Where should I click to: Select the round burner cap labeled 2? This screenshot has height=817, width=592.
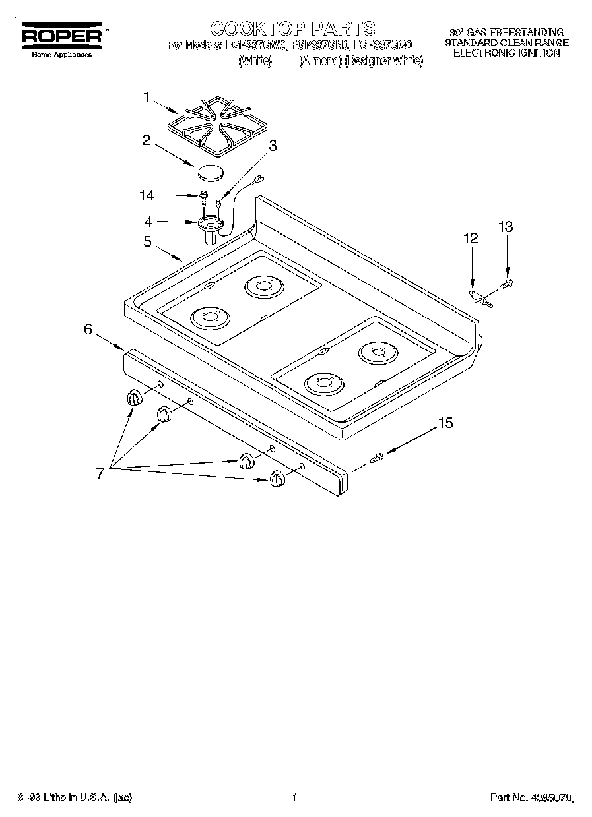(209, 173)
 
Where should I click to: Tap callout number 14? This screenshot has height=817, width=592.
(147, 195)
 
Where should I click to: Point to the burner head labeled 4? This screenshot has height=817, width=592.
(211, 225)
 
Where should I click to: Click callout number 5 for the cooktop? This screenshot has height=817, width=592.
(148, 241)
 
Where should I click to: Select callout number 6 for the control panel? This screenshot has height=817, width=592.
(88, 330)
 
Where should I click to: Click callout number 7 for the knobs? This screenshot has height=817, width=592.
(100, 473)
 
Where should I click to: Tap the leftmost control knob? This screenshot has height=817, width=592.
(134, 398)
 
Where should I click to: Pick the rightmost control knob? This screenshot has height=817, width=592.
(277, 479)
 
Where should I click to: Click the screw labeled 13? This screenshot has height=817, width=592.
(508, 284)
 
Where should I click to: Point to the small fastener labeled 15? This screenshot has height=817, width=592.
(377, 458)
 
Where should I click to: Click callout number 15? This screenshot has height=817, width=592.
(446, 423)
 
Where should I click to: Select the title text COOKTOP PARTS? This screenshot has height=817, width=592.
(293, 28)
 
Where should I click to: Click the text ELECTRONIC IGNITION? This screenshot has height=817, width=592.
(506, 53)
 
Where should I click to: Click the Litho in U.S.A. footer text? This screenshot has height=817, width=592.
(73, 798)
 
